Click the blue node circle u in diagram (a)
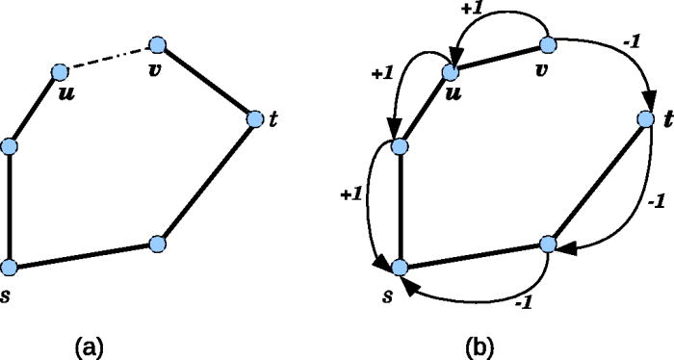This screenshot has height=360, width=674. pyautogui.click(x=59, y=71)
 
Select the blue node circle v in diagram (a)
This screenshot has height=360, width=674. pyautogui.click(x=159, y=44)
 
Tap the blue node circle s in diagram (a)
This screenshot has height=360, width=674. pyautogui.click(x=10, y=267)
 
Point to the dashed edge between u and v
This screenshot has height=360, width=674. pyautogui.click(x=109, y=58)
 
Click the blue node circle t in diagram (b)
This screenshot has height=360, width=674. pyautogui.click(x=646, y=119)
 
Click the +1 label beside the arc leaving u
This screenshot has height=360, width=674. pyautogui.click(x=383, y=72)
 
